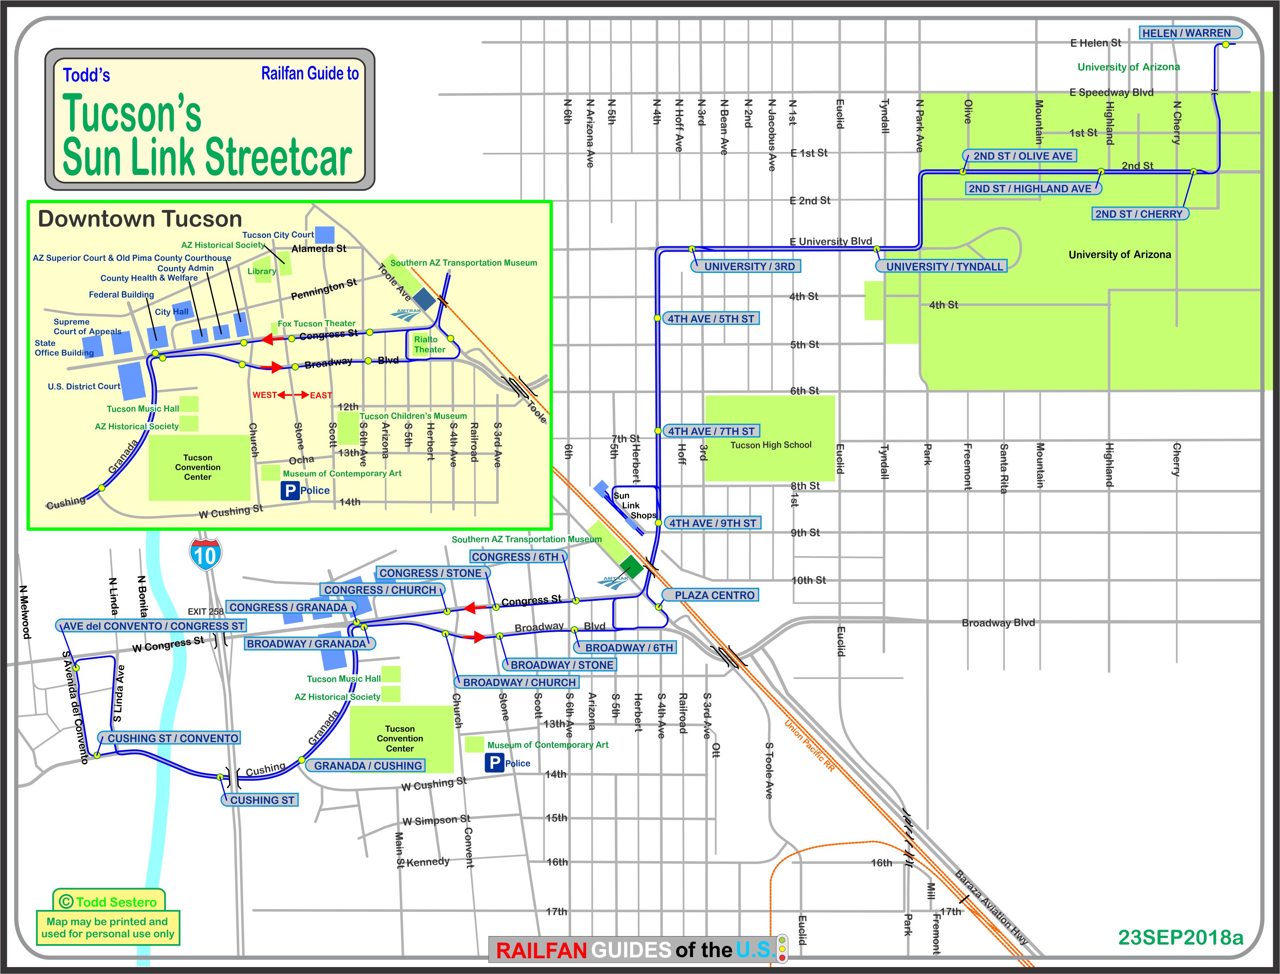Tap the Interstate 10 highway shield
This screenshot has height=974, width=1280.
[205, 555]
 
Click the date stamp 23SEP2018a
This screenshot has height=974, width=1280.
[1180, 937]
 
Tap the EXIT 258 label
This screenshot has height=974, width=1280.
[205, 611]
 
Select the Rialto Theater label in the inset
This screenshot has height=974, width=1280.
[429, 344]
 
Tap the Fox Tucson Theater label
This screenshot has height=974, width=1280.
[316, 323]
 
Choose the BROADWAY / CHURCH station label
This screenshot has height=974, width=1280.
[519, 683]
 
